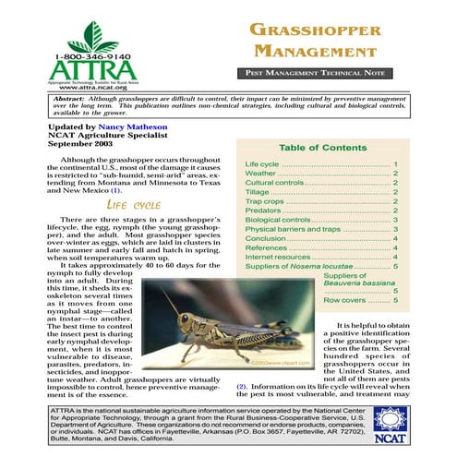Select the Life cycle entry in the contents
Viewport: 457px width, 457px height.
tap(262, 163)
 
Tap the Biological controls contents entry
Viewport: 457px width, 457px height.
tap(279, 220)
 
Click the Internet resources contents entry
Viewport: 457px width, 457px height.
tap(278, 257)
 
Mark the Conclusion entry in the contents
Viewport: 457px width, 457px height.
tap(266, 238)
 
